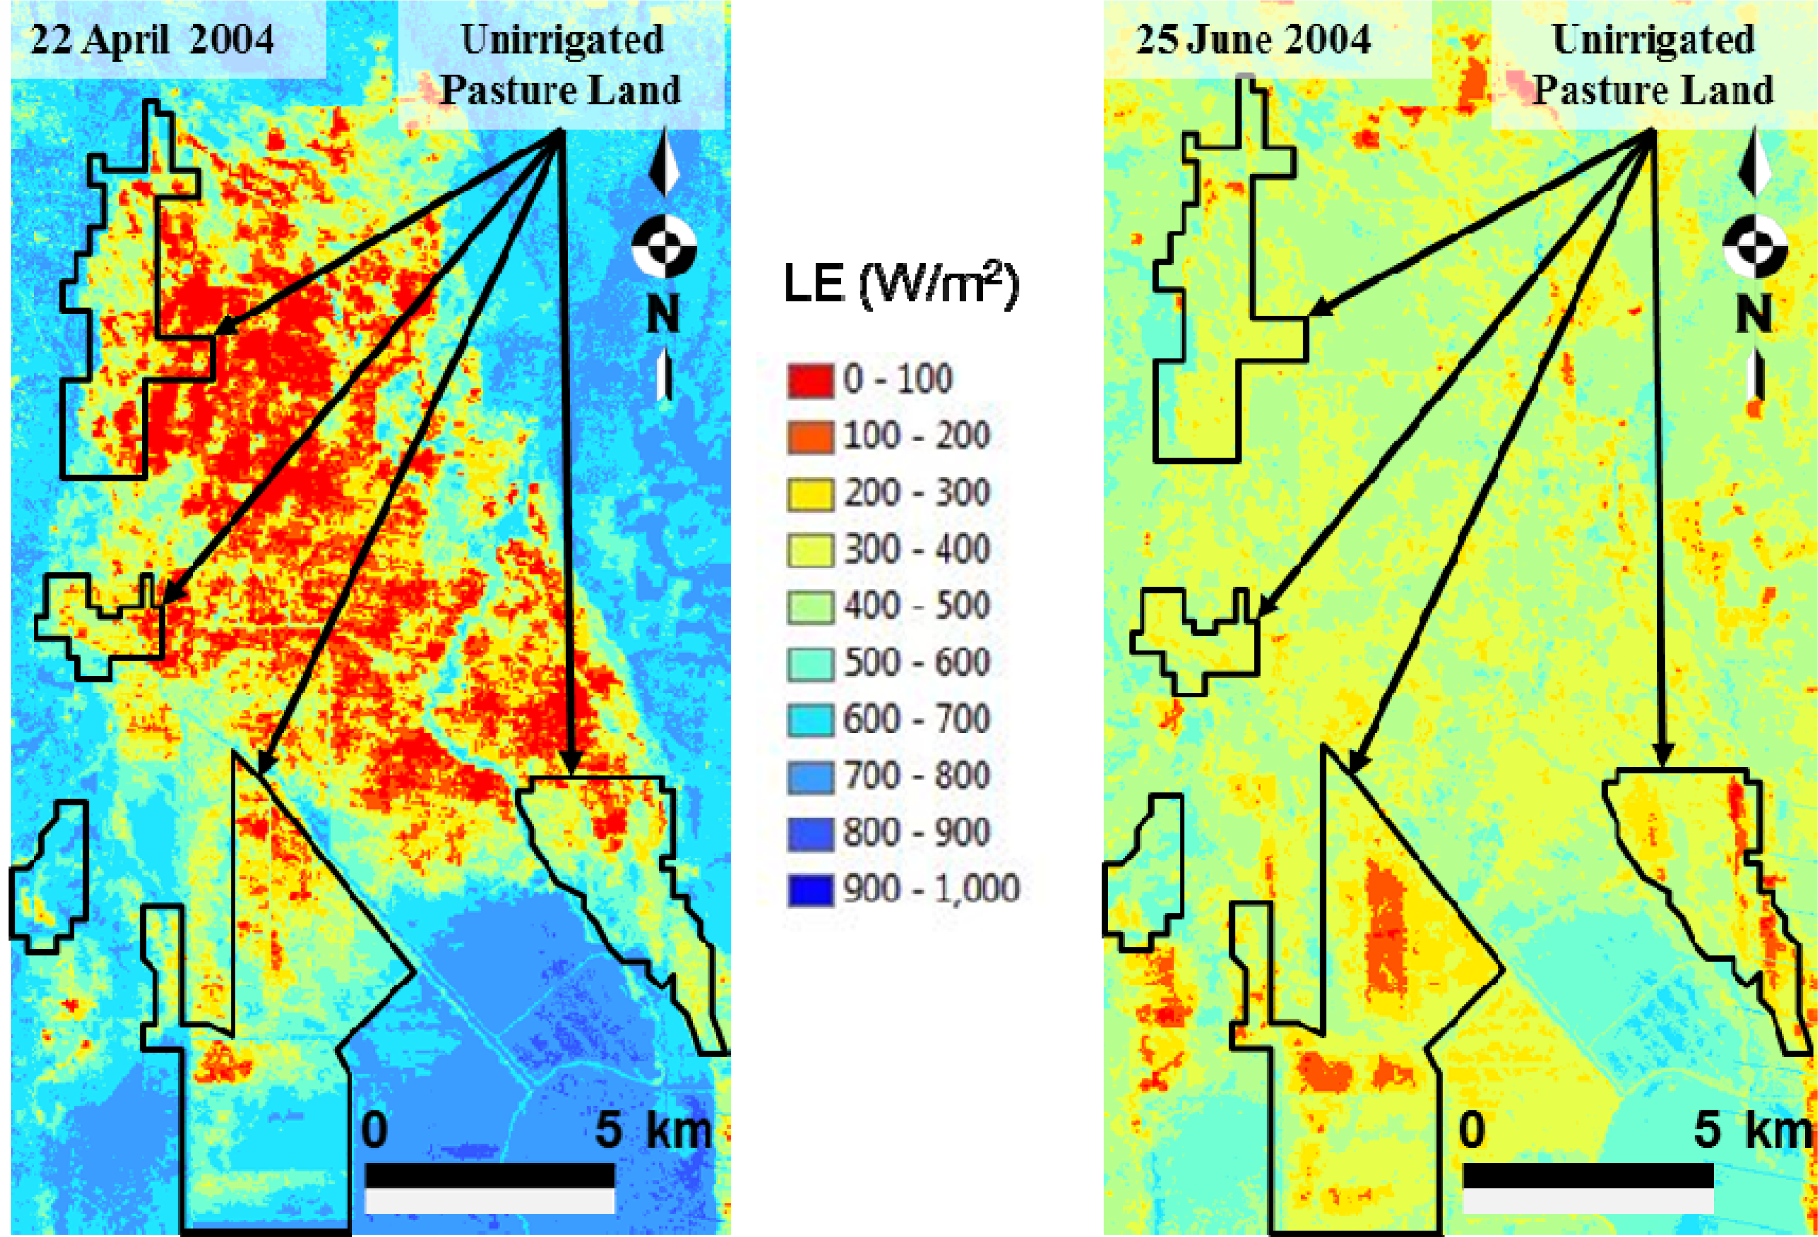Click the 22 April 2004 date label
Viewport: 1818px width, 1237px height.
(x=153, y=39)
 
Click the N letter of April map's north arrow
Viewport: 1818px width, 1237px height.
(x=664, y=313)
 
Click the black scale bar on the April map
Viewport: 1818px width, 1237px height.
(x=490, y=1176)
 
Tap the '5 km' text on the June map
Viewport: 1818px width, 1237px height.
(x=1752, y=1131)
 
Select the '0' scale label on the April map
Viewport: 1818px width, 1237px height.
(x=374, y=1131)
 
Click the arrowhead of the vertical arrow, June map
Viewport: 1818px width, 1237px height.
(x=1662, y=755)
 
